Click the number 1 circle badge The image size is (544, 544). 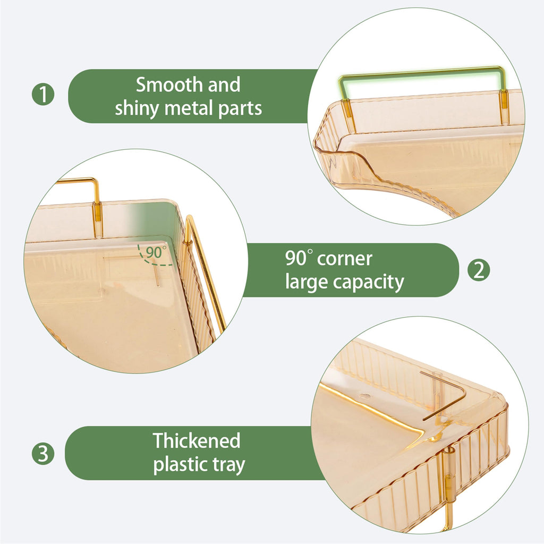43,95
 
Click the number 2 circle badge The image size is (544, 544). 479,270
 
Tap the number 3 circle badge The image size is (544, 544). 43,454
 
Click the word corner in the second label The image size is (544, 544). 344,259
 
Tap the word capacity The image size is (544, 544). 369,283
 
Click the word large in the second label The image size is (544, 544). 307,283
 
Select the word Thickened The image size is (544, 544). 197,440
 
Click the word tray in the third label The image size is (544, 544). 228,465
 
